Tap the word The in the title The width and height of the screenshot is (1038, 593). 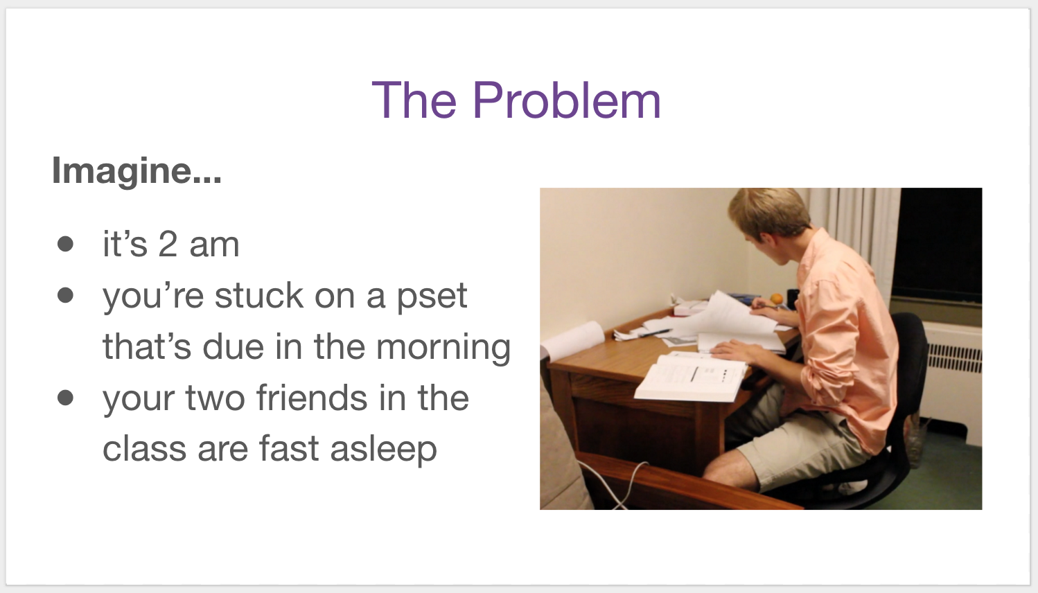[414, 100]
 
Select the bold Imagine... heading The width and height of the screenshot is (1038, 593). [137, 171]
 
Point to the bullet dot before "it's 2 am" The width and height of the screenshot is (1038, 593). [65, 244]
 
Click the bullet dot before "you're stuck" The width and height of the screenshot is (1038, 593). [65, 295]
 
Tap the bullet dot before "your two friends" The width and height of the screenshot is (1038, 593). [65, 398]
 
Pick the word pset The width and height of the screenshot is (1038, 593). [432, 296]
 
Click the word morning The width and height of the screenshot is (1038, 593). [443, 348]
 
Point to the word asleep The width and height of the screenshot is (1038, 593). [384, 450]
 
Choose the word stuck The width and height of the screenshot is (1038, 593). [259, 295]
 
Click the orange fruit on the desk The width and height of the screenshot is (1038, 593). [777, 299]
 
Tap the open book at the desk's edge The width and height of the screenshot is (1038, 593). [690, 376]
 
